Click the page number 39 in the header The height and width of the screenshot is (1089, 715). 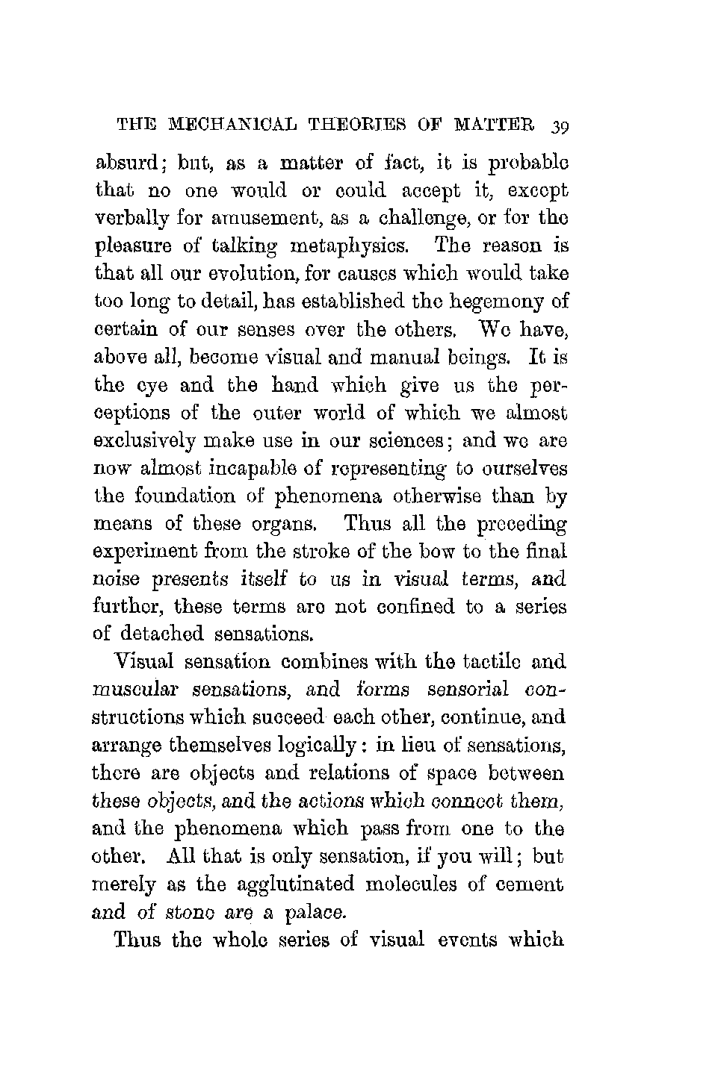tap(557, 124)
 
